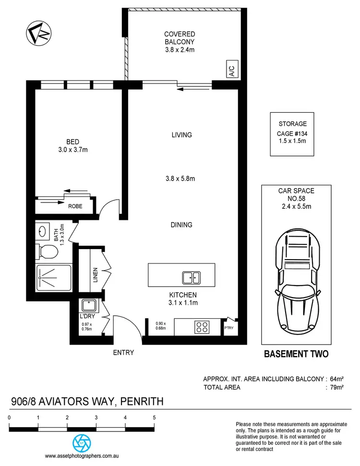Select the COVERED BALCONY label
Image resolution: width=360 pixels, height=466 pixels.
tap(180, 42)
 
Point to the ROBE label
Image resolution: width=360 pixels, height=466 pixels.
tap(75, 206)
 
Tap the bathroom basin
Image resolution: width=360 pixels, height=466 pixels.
tap(42, 231)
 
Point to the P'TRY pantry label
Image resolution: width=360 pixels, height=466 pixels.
tap(229, 328)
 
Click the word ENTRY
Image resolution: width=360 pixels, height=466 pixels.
tap(123, 353)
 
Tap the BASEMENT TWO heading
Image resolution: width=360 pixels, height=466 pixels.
tap(296, 354)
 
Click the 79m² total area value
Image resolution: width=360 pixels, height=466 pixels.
tap(336, 387)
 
